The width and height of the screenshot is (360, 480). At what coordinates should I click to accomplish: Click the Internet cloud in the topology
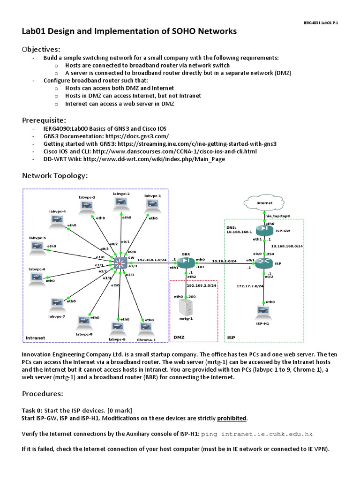(x=264, y=203)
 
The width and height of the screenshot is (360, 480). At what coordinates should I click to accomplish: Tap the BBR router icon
(x=186, y=261)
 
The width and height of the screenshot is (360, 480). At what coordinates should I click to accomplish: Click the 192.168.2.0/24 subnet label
(x=200, y=285)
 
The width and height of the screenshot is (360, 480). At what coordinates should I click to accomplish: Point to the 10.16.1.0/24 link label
(x=225, y=261)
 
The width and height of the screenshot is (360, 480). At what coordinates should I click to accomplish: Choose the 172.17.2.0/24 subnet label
(x=251, y=285)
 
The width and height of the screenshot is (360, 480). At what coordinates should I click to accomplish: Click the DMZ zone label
(x=179, y=337)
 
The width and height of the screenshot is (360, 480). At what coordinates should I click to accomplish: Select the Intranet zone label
(x=36, y=337)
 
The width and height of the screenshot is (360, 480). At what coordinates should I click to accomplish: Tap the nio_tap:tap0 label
(x=277, y=216)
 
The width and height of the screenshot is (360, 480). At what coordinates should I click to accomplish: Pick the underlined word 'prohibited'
(x=231, y=418)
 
